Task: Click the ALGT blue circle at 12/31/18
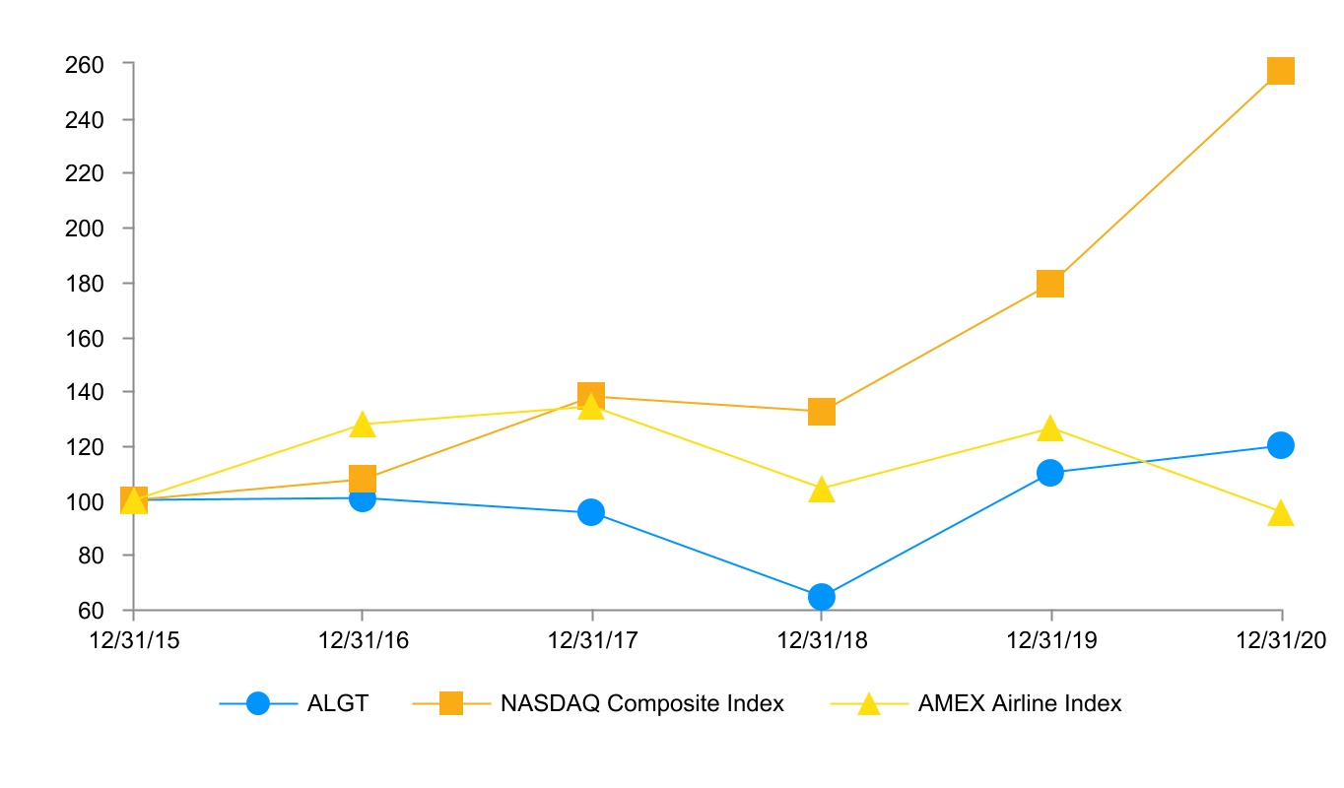coord(822,597)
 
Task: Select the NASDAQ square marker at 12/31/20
coord(1280,71)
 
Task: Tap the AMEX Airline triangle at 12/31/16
coord(363,426)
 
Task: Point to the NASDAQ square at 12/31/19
coord(1050,284)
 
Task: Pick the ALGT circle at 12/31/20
coord(1280,445)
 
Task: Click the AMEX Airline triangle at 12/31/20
coord(1280,513)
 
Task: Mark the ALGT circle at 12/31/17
coord(591,512)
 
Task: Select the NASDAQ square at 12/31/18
coord(822,412)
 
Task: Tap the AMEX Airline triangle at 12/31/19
coord(1050,429)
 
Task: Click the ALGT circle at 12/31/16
coord(363,498)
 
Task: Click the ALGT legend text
coord(338,703)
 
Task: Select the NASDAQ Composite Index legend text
coord(641,703)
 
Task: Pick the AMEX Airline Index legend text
coord(1019,703)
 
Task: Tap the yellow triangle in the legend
coord(868,704)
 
